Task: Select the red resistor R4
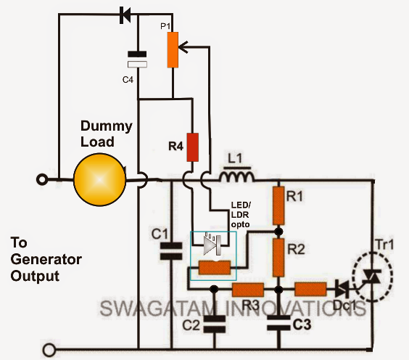point(193,147)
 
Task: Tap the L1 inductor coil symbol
point(237,177)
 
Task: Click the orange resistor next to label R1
point(278,205)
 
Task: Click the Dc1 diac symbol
point(339,289)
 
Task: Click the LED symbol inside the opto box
point(209,246)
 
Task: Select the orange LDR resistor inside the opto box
point(215,269)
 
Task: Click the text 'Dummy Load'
point(106,134)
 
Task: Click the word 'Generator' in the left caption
point(46,260)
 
